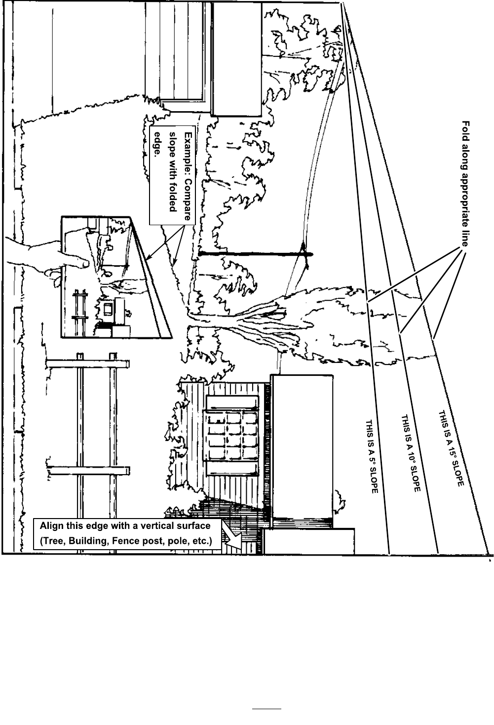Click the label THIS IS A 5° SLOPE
[x=371, y=457]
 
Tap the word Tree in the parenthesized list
[x=53, y=541]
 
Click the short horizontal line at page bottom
[x=266, y=709]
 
